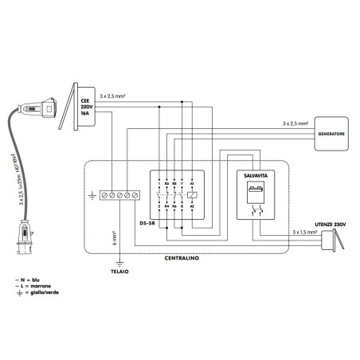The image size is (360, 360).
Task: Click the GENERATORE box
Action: (x=331, y=134)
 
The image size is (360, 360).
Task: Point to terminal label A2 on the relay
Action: (x=193, y=206)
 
